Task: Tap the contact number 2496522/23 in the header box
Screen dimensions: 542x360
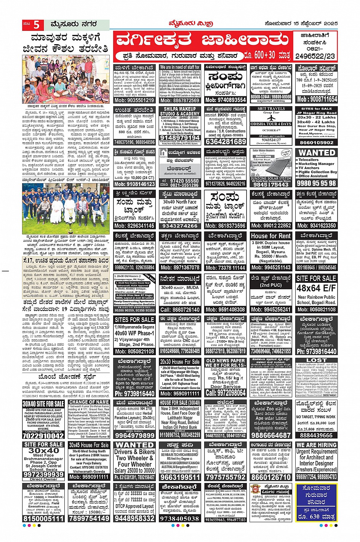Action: [x=315, y=56]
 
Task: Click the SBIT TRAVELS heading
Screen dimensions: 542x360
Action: [x=271, y=108]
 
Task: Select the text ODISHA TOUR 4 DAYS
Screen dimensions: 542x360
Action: [x=271, y=124]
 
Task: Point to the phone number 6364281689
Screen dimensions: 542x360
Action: [x=226, y=141]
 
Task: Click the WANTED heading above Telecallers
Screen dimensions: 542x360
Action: [x=317, y=152]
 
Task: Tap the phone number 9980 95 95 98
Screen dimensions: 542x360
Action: [x=317, y=183]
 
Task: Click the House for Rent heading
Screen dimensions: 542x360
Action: [x=271, y=236]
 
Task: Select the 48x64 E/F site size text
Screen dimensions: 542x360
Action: [x=316, y=288]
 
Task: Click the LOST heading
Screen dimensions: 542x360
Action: [x=317, y=360]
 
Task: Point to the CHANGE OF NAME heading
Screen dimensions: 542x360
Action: [x=89, y=402]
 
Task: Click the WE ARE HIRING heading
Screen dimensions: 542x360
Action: [x=317, y=445]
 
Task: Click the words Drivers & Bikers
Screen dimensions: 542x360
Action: [x=134, y=452]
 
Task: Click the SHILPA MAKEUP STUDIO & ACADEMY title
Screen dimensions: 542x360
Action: [x=180, y=111]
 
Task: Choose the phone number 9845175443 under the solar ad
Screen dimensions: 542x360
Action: [x=271, y=184]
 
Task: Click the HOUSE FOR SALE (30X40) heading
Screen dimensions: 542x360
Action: [x=180, y=403]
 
